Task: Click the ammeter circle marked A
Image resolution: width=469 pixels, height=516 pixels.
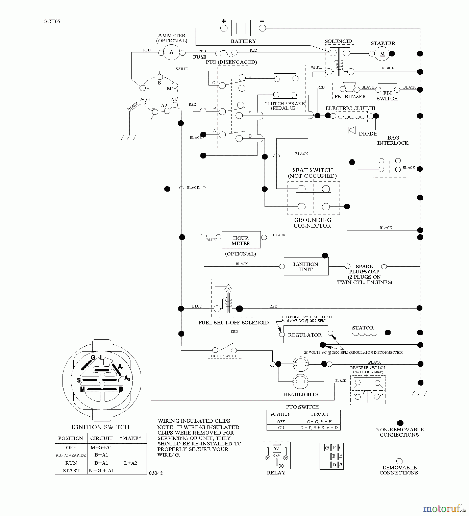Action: pos(171,52)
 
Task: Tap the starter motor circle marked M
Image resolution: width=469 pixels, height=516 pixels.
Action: pos(382,54)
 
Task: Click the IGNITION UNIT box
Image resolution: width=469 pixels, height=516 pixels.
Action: pos(306,267)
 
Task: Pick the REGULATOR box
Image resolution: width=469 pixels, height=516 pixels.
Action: pos(305,335)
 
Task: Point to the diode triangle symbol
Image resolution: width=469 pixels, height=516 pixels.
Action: pos(352,130)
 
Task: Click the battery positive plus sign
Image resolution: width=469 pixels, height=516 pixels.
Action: pos(224,21)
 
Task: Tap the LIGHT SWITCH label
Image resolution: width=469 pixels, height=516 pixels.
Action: pos(224,356)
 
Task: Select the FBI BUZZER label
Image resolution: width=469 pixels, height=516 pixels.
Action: pos(350,97)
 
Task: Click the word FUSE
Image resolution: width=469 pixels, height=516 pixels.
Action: pos(200,57)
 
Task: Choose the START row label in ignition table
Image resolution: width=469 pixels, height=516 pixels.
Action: pos(71,470)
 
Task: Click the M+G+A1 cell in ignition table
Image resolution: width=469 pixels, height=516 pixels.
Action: pos(101,447)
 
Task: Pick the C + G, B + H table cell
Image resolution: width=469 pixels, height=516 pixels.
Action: pos(320,422)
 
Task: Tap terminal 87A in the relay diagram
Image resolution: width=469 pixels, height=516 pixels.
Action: pos(276,456)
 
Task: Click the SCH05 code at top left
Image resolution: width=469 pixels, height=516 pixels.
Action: pos(52,21)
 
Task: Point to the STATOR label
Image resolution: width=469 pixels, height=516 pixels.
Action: pos(362,328)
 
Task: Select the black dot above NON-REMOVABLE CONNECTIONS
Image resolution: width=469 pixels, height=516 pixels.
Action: pos(400,423)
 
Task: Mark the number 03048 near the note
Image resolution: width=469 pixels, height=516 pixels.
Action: pos(156,473)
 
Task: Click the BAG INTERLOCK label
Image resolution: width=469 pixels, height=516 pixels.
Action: pos(393,140)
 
